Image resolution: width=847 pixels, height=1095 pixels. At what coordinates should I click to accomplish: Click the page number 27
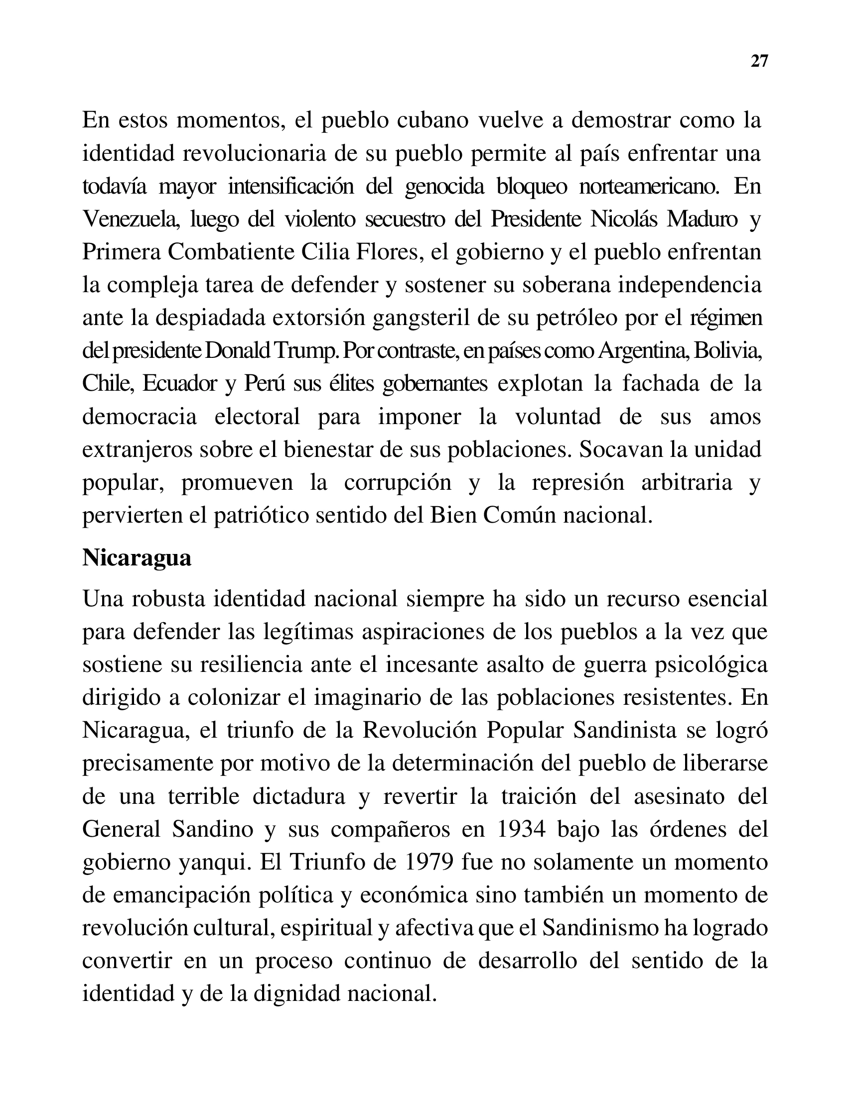[759, 61]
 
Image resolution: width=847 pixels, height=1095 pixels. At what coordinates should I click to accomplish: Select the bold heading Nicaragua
[137, 558]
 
